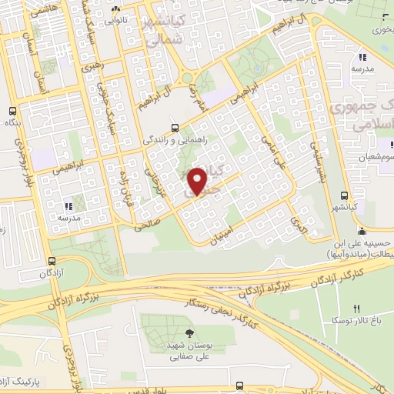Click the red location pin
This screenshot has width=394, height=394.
[x=198, y=180]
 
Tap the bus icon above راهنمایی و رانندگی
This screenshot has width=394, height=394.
[x=175, y=128]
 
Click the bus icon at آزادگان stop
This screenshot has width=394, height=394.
[x=52, y=261]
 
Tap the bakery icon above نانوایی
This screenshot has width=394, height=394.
[x=116, y=10]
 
